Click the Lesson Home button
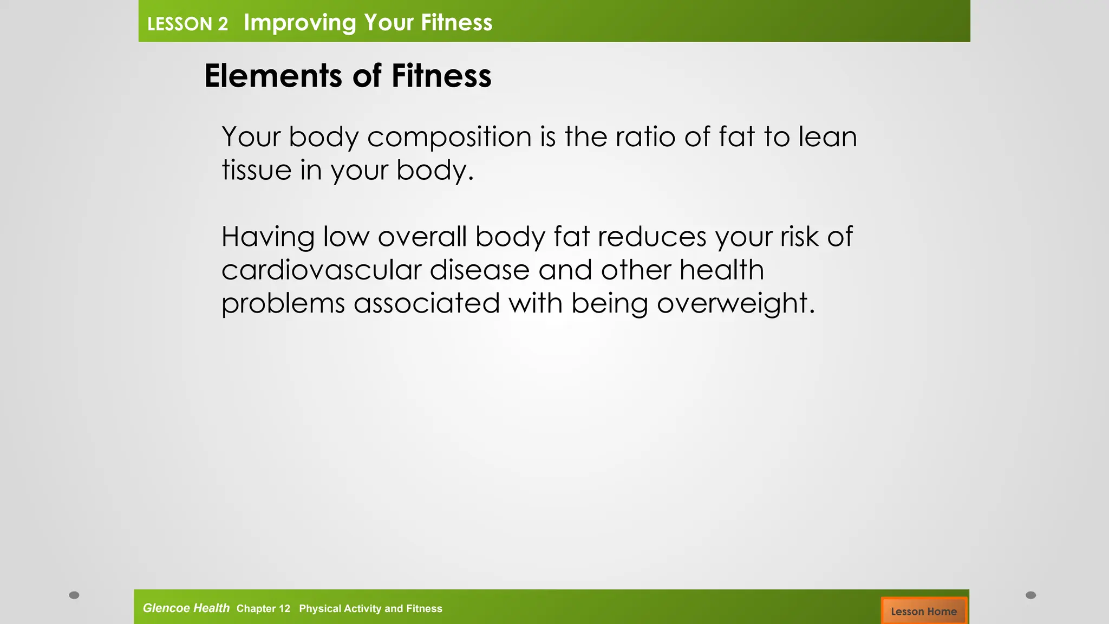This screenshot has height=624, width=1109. tap(924, 611)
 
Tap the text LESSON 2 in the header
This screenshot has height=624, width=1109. tap(187, 24)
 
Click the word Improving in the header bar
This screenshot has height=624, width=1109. tap(299, 23)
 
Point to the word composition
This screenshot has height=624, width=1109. tap(449, 136)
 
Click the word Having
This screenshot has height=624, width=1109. tap(268, 237)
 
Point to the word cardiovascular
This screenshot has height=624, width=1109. tap(321, 270)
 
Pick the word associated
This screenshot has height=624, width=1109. tap(427, 303)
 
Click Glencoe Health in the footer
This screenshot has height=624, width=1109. tap(186, 608)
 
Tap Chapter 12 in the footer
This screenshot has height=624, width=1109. tap(263, 608)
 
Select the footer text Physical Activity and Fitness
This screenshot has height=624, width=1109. tap(370, 608)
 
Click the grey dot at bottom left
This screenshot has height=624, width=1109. tap(74, 595)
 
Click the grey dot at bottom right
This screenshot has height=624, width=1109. tap(1031, 595)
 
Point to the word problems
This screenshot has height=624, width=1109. tap(283, 303)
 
